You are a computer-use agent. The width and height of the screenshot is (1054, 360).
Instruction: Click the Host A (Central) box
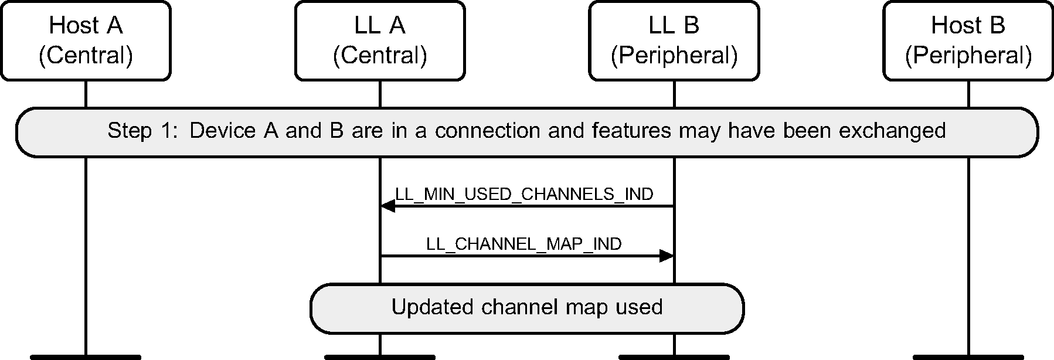pyautogui.click(x=86, y=40)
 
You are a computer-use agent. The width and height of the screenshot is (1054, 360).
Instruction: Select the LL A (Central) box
pyautogui.click(x=380, y=40)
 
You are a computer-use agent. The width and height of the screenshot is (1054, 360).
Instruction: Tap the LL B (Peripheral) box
pyautogui.click(x=674, y=40)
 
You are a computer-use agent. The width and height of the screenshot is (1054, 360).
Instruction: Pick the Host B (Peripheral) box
pyautogui.click(x=968, y=40)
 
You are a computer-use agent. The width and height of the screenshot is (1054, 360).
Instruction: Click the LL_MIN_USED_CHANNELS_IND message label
pyautogui.click(x=524, y=194)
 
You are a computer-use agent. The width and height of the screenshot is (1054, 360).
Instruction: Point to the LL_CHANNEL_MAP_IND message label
pyautogui.click(x=524, y=244)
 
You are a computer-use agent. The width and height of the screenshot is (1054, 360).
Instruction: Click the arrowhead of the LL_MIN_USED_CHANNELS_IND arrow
pyautogui.click(x=387, y=206)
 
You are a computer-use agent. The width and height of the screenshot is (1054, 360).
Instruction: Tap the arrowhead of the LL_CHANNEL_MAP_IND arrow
pyautogui.click(x=667, y=256)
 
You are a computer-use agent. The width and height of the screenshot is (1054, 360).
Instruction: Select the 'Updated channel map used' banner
pyautogui.click(x=526, y=308)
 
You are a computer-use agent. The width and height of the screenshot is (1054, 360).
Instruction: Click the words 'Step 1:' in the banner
pyautogui.click(x=141, y=131)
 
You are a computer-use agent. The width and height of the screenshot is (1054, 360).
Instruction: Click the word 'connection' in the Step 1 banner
pyautogui.click(x=488, y=131)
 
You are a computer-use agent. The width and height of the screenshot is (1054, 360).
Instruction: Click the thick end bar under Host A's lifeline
pyautogui.click(x=86, y=356)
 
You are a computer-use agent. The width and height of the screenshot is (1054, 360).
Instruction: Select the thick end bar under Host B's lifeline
pyautogui.click(x=968, y=356)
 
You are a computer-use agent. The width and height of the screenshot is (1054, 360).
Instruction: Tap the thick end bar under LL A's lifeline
pyautogui.click(x=380, y=356)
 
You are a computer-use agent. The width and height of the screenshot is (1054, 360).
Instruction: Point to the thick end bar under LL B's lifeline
pyautogui.click(x=674, y=356)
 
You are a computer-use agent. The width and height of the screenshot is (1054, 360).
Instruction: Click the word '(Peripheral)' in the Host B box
pyautogui.click(x=968, y=56)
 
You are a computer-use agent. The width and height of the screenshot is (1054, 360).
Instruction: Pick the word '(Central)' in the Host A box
pyautogui.click(x=86, y=56)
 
